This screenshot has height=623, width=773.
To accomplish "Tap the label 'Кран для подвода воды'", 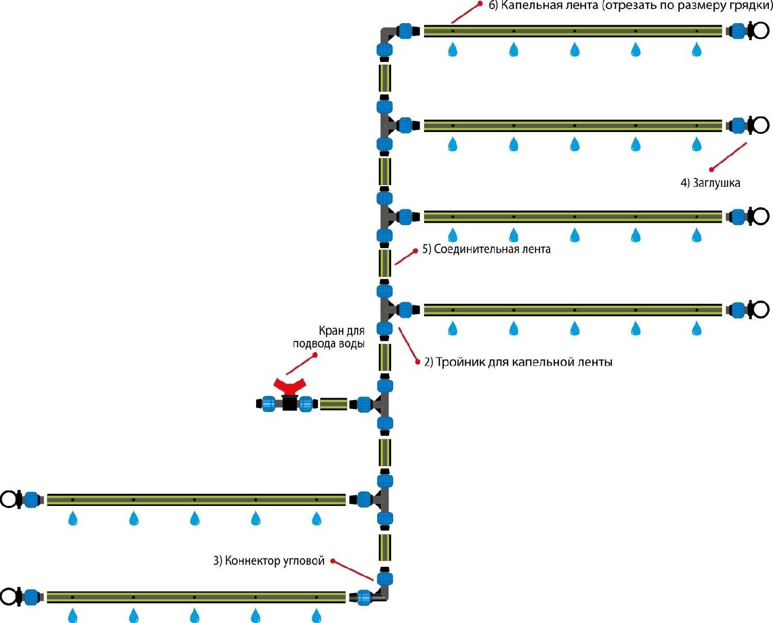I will click(x=329, y=337).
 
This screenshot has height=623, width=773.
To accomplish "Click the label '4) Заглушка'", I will click(x=710, y=183).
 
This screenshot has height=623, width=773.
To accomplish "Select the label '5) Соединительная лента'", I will click(x=486, y=249).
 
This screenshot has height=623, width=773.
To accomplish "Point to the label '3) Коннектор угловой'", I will click(x=269, y=561).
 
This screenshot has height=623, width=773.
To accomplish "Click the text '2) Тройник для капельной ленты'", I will click(x=518, y=362).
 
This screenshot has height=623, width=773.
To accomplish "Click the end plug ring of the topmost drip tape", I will click(x=760, y=30).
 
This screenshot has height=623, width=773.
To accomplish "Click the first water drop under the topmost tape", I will click(x=452, y=50).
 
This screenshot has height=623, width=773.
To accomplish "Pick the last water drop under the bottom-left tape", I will click(x=316, y=615).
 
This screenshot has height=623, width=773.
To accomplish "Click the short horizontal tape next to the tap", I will click(x=333, y=404).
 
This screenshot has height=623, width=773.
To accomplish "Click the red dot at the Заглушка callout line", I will click(x=711, y=169).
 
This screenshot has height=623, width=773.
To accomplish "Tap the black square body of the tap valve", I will click(x=290, y=403).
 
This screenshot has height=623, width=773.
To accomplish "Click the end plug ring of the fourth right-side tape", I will click(x=760, y=309).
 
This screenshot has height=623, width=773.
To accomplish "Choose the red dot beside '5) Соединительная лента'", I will click(x=415, y=251).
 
